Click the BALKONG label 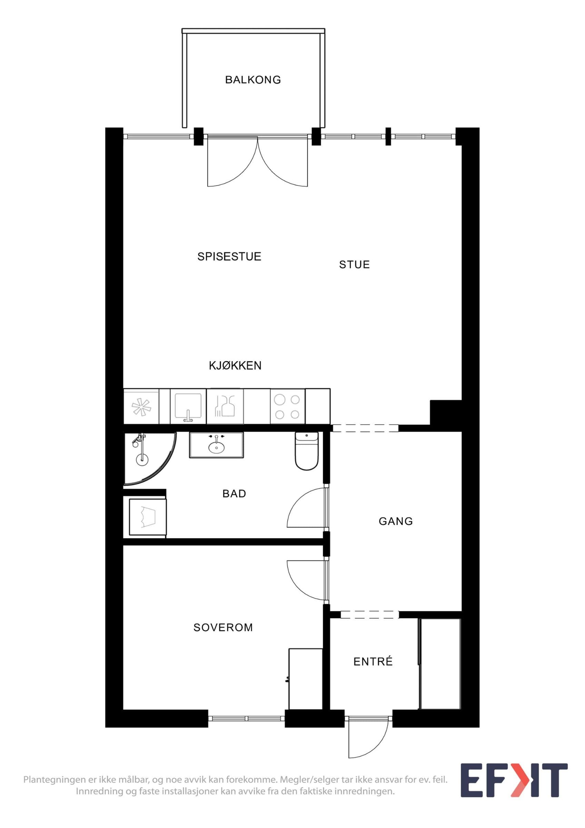click(x=253, y=80)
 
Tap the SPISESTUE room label click(x=229, y=256)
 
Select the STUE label click(x=355, y=265)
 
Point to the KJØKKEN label click(x=235, y=366)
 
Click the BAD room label click(x=234, y=494)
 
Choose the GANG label click(x=396, y=521)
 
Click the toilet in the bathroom click(x=307, y=451)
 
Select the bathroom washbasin click(x=216, y=445)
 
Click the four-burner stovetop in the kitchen click(x=288, y=406)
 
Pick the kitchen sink click(x=188, y=406)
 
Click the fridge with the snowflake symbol click(x=141, y=406)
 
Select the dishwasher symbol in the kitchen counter click(x=225, y=406)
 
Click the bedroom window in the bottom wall click(x=247, y=718)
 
